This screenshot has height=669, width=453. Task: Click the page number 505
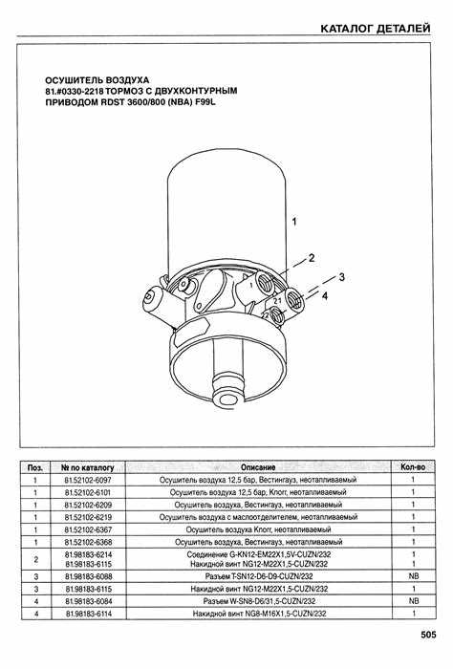(x=428, y=635)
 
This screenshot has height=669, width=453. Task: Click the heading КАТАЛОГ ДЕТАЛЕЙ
(x=376, y=29)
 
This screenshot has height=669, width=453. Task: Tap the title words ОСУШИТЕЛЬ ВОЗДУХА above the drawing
(x=97, y=80)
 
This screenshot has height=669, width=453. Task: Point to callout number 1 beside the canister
(x=294, y=222)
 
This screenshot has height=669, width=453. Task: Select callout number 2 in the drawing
(x=312, y=258)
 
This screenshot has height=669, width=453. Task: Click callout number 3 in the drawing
(x=342, y=277)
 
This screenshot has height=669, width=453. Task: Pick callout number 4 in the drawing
(x=325, y=295)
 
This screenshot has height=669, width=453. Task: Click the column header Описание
(x=258, y=467)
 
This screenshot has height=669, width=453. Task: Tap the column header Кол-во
(x=413, y=467)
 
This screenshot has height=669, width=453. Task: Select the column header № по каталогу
(x=87, y=467)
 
